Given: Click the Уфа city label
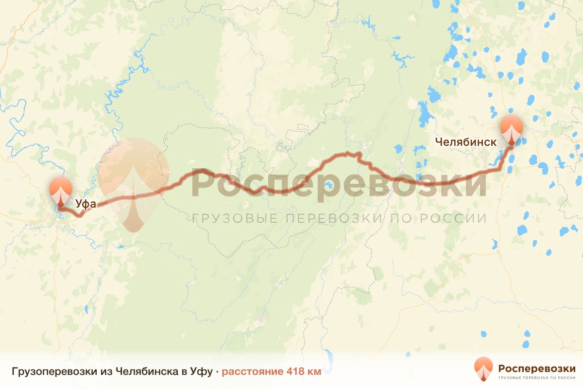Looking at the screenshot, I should point(86,204).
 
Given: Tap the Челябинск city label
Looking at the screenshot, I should point(466,142).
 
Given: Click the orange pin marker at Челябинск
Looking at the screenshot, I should point(512,129).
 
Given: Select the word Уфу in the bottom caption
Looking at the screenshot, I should point(200,372).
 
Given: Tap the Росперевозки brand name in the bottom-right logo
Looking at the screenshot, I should point(537,368).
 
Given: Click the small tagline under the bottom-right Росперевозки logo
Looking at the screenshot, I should point(537,377).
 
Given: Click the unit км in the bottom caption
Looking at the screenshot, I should point(314,372).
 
